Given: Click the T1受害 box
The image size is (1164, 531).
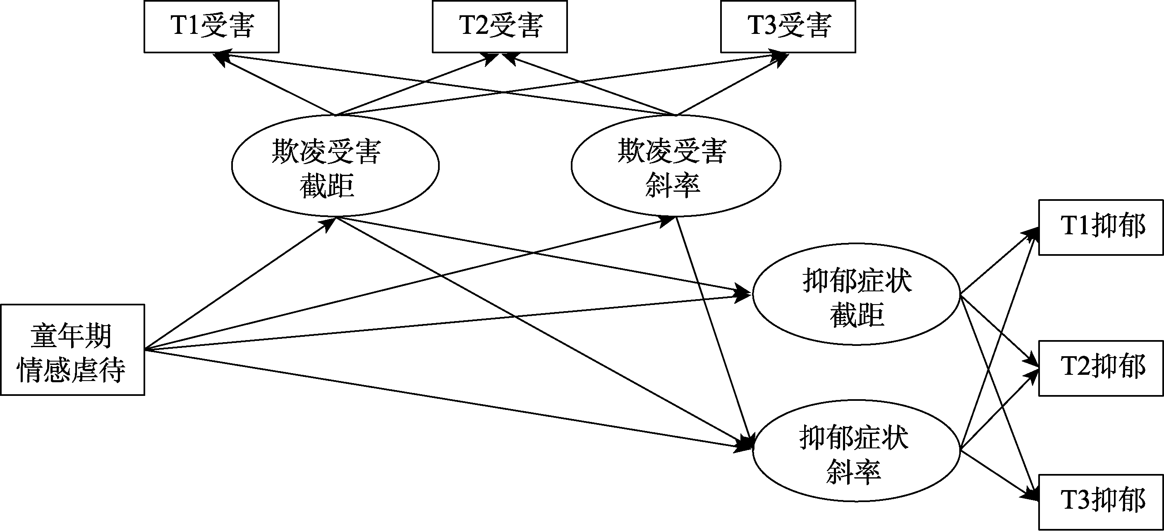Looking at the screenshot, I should click(211, 26).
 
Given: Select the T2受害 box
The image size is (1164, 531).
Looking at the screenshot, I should click(500, 26).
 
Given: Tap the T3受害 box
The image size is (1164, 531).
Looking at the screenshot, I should click(788, 26).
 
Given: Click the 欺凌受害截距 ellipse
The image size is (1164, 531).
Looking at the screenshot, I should click(335, 166).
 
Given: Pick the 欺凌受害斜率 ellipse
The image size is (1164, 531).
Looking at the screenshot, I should click(675, 166).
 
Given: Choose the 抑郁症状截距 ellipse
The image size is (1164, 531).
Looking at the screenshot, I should click(856, 294).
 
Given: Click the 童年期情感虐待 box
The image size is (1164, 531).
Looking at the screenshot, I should click(72, 350).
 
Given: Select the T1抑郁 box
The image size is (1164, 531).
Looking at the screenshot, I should click(1101, 227).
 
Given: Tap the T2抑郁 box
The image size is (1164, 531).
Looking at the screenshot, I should click(1101, 368).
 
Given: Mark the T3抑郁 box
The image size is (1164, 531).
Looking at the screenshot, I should click(1101, 502).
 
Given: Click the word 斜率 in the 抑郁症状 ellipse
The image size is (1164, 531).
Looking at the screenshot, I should click(853, 472).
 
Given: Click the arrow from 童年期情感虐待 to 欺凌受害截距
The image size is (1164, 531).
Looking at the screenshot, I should click(240, 284).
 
